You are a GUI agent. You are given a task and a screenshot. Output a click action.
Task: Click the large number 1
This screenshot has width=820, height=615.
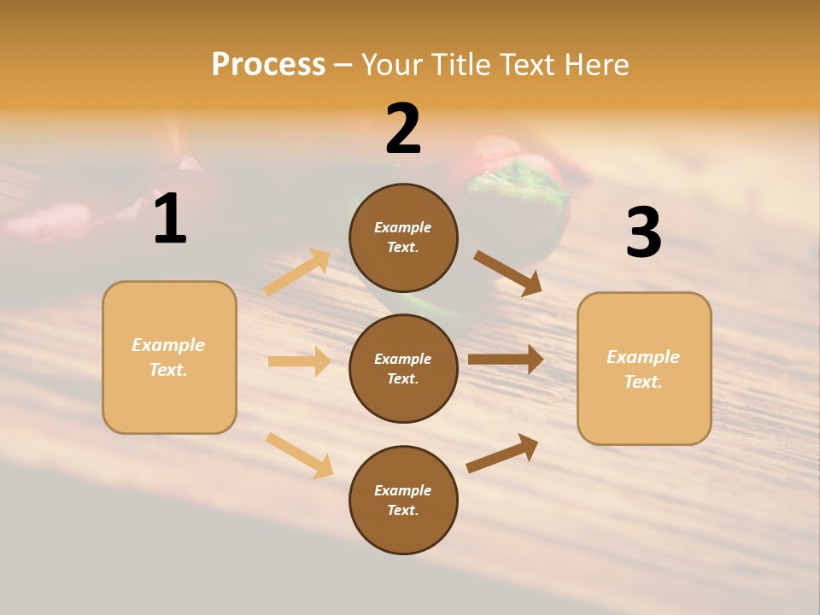(x=170, y=220)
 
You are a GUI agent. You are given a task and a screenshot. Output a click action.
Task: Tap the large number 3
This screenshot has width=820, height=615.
(x=643, y=233)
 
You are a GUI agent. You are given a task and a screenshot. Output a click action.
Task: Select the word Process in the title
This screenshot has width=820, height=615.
(x=268, y=64)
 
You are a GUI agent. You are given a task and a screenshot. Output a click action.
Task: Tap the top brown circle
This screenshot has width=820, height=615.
(x=403, y=237)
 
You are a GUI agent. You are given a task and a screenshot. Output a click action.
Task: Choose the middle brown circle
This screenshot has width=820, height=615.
(x=403, y=368)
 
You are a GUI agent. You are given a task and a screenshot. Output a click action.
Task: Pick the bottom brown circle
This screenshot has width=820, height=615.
(x=403, y=500)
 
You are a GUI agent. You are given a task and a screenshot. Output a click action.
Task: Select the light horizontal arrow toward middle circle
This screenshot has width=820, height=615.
(x=299, y=361)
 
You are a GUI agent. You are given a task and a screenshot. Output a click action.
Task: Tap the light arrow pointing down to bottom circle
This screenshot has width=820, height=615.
(x=299, y=455)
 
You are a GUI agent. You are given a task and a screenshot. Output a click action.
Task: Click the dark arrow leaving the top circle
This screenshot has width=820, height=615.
(x=507, y=272)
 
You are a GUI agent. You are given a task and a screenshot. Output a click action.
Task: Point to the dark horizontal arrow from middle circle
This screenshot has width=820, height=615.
(x=505, y=360)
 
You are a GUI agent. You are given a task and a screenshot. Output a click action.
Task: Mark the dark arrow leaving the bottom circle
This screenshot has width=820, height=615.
(x=502, y=453)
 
